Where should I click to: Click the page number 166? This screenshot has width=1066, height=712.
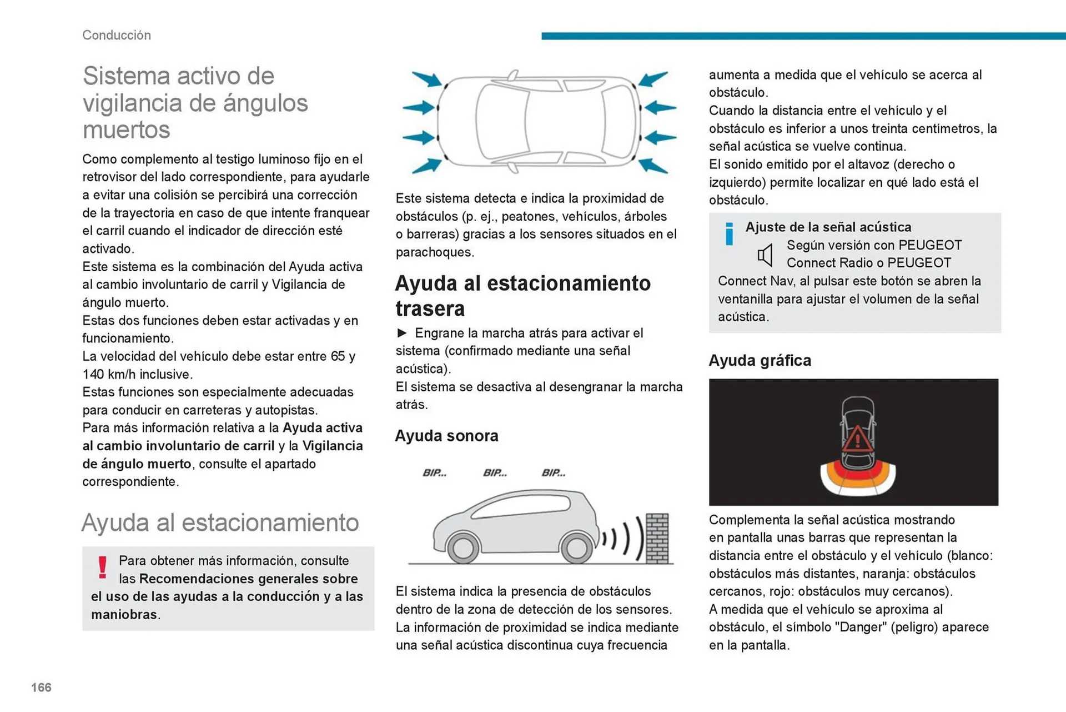point(41,688)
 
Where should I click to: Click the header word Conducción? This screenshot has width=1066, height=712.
point(117,35)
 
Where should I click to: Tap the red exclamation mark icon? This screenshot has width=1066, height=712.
point(102,567)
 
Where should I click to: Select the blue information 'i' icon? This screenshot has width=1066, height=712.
point(729,233)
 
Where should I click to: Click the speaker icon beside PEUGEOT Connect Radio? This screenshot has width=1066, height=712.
point(765,255)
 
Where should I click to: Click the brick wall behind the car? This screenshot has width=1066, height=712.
point(657,538)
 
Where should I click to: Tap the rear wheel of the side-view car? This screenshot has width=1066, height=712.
point(462,548)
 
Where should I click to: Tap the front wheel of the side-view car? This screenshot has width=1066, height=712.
point(576,548)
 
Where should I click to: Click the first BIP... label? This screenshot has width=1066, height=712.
point(434,473)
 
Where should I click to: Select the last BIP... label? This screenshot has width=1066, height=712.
point(554,473)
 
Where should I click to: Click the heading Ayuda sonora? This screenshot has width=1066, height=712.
point(446,436)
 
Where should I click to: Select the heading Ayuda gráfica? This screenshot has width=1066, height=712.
point(760,361)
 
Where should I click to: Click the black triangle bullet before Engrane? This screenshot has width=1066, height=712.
point(402,333)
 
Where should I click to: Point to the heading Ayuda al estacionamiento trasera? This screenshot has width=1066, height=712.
point(522,296)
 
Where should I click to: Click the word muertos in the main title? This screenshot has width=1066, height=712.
point(127,130)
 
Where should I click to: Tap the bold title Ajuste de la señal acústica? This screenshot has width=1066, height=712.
point(828,227)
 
